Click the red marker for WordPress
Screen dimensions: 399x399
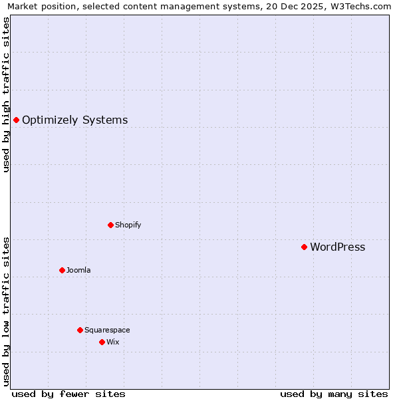click(x=304, y=247)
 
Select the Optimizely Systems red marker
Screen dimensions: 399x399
click(x=16, y=120)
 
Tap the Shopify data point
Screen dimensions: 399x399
click(x=110, y=225)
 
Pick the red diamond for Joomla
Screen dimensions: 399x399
click(x=62, y=270)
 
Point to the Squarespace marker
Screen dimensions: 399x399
click(x=80, y=330)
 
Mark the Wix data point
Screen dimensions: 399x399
click(x=102, y=342)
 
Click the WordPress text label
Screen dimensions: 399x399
click(x=337, y=247)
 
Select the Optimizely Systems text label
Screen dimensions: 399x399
click(x=74, y=120)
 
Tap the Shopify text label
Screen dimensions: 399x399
click(x=128, y=225)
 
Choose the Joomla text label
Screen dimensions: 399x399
click(x=78, y=270)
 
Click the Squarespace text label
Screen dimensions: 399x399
click(x=107, y=330)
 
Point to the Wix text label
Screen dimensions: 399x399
click(x=112, y=342)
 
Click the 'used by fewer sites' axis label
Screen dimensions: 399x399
click(x=68, y=394)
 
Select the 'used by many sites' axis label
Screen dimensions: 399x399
click(x=334, y=394)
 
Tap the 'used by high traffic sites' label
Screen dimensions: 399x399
click(x=7, y=94)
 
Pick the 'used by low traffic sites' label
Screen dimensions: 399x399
click(x=7, y=311)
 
